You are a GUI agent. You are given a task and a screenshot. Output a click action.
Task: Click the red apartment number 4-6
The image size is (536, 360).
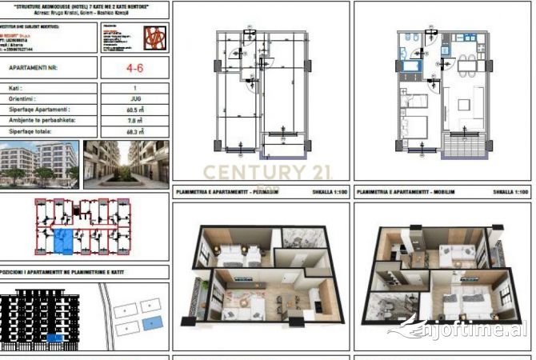[134, 68]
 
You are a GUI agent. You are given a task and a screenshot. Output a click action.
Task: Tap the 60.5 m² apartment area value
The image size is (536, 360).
[134, 110]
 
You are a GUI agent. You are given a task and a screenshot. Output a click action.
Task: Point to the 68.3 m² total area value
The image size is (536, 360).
[134, 131]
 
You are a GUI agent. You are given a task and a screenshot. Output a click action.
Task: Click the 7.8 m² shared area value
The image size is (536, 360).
[134, 120]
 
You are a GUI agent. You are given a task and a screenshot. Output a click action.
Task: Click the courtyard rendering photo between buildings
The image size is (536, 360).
[126, 164]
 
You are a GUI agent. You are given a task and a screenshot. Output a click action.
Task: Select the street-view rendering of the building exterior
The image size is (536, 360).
[39, 164]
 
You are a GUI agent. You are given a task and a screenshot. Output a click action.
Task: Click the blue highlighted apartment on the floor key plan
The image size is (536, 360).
[62, 238]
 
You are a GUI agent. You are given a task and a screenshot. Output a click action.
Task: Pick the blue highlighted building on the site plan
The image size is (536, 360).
[150, 322]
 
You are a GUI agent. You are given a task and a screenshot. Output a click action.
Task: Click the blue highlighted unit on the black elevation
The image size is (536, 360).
[54, 338]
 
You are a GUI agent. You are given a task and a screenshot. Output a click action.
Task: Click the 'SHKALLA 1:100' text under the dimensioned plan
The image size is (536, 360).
[330, 192]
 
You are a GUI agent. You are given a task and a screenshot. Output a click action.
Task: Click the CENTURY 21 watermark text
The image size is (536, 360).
[255, 172]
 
